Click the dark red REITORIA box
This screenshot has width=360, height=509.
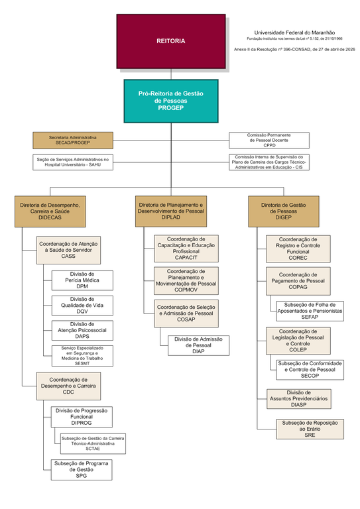[x=171, y=41]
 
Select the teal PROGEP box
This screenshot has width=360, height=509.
[x=171, y=101]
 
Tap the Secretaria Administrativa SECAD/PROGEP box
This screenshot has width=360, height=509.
[x=73, y=141]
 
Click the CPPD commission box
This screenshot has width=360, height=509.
[x=269, y=141]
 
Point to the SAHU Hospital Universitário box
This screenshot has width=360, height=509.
[x=73, y=162]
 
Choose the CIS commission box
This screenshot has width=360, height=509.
[x=269, y=162]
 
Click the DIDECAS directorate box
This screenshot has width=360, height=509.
[x=50, y=211]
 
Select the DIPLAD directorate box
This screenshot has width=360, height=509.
[x=171, y=211]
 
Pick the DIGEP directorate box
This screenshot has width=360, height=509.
[x=284, y=211]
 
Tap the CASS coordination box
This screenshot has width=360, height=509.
[x=68, y=250]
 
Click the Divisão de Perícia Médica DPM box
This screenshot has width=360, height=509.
[x=82, y=280]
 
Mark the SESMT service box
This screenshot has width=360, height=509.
[x=82, y=356]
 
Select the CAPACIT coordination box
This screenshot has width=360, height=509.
[x=186, y=249]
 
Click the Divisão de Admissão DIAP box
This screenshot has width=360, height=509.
[x=199, y=345]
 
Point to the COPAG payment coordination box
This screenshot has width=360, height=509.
[x=298, y=281]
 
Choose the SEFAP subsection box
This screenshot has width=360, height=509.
[x=310, y=311]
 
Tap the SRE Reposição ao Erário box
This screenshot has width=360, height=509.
[x=310, y=429]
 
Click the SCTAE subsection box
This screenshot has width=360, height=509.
[x=93, y=443]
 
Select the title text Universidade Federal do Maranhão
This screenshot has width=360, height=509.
[x=294, y=32]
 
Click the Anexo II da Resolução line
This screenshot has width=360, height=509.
[x=294, y=50]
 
